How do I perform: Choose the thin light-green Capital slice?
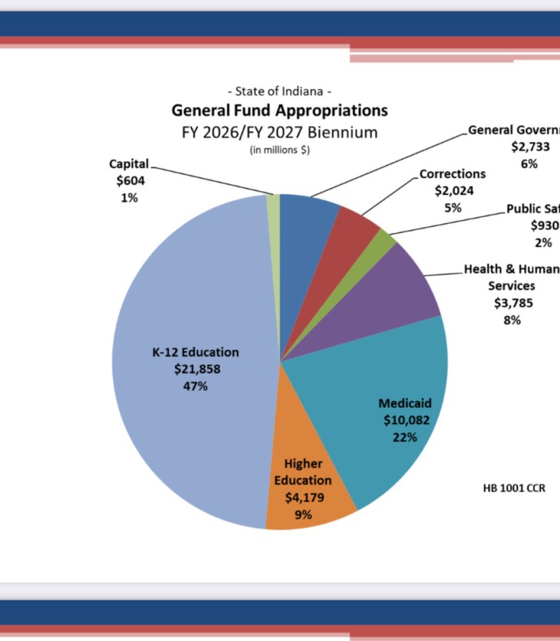coord(273,202)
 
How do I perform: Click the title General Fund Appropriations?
coord(279,110)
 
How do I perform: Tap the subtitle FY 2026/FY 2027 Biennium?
coord(279,132)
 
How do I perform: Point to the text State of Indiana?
coord(279,92)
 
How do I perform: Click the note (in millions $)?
coord(279,150)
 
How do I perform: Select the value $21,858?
coord(196,369)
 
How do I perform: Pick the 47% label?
coord(195,386)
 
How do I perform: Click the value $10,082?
coord(407,420)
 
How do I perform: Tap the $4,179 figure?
coord(303,498)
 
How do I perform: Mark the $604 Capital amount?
coord(130,181)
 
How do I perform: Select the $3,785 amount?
coord(512,303)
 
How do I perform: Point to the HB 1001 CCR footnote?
coord(514,488)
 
